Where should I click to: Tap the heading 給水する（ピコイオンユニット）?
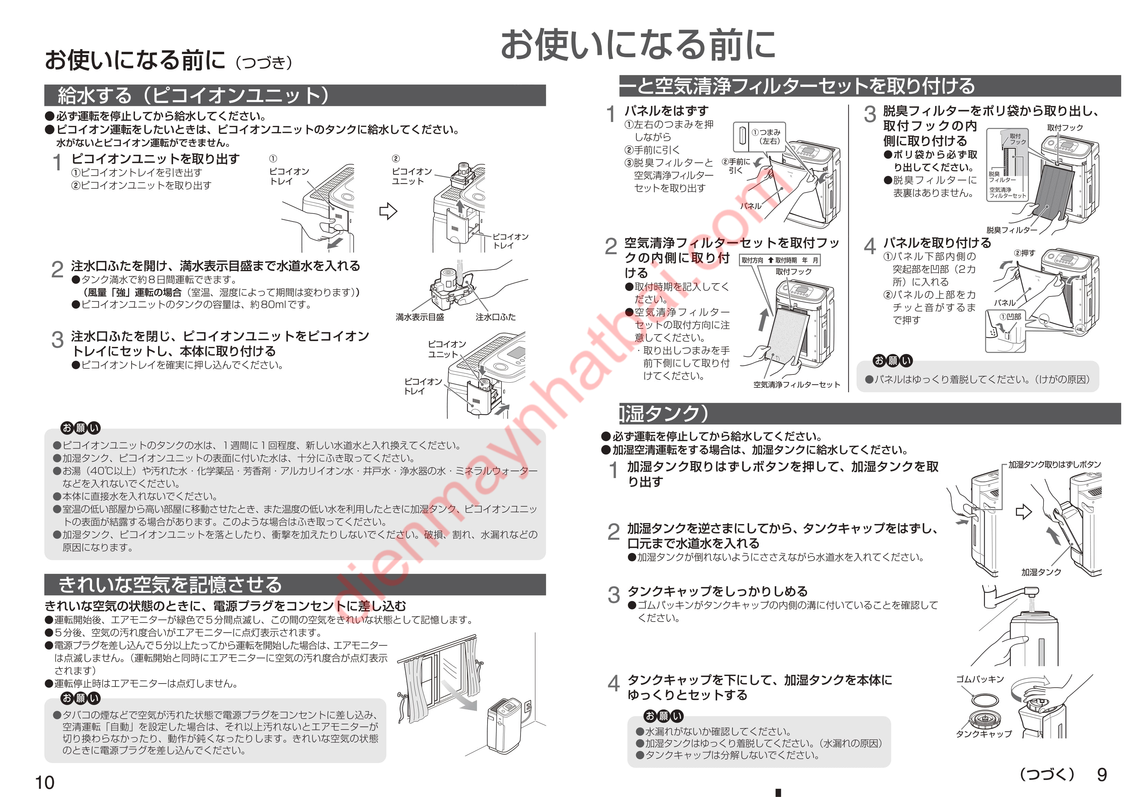(194, 95)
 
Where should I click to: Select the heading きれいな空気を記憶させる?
(170, 584)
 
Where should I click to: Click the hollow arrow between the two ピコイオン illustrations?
(388, 211)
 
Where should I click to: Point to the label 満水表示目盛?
(420, 317)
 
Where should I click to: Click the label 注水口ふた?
(495, 317)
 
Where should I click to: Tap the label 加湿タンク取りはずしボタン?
(1055, 464)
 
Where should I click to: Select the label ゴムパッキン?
(980, 679)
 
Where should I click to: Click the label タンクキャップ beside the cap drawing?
(984, 734)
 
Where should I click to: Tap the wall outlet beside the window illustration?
(528, 707)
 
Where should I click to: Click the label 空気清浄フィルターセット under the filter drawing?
(797, 384)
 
